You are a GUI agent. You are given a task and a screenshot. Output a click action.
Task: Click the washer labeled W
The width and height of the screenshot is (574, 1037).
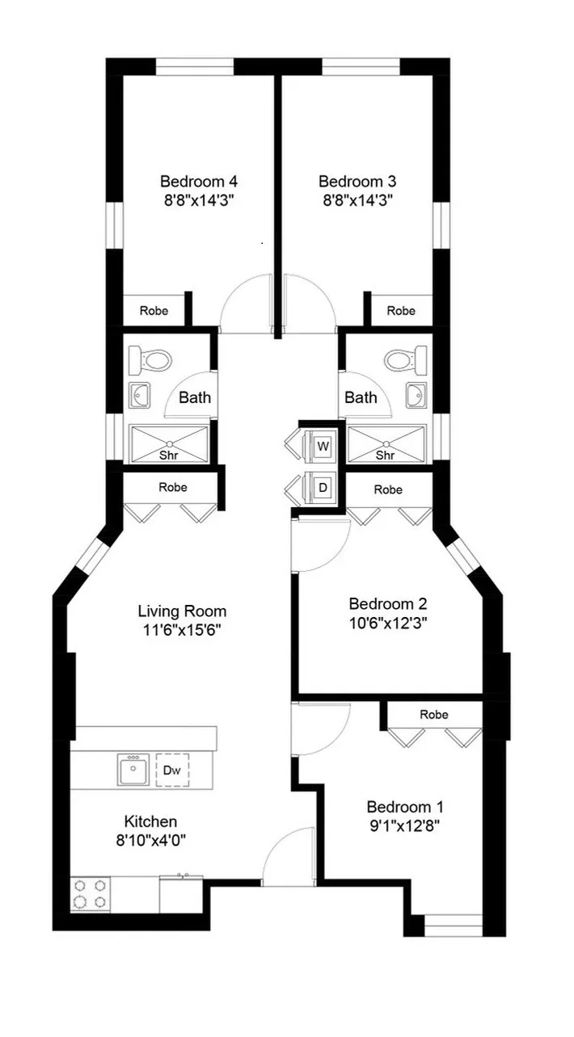323,446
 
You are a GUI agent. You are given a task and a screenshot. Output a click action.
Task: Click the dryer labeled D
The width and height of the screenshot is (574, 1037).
323,488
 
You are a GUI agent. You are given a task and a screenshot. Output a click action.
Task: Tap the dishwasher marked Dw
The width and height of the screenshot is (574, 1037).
171,770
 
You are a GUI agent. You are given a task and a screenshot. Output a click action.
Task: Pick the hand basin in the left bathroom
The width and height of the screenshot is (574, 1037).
140,396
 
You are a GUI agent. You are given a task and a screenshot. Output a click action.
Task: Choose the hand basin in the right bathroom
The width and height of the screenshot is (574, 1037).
418,396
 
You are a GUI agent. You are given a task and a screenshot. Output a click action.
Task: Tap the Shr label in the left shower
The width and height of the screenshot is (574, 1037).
169,456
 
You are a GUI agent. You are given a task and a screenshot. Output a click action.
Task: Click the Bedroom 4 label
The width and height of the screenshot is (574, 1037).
198,181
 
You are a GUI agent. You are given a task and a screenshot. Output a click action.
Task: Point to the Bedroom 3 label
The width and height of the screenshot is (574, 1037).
357,181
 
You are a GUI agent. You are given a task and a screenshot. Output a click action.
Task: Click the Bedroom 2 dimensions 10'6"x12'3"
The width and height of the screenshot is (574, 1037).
388,623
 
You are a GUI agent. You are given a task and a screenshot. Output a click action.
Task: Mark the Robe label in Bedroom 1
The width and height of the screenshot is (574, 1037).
434,715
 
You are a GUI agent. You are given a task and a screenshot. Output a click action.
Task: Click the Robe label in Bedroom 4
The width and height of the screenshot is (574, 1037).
154,311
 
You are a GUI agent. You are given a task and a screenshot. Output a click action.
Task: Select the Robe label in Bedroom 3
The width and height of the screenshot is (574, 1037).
401,311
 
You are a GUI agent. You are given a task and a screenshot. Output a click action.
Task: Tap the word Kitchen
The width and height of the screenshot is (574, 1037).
150,821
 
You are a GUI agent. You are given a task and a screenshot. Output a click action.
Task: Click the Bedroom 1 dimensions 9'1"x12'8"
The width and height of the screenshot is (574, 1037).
405,826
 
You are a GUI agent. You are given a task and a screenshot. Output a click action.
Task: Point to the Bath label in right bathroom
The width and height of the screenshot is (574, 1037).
361,397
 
